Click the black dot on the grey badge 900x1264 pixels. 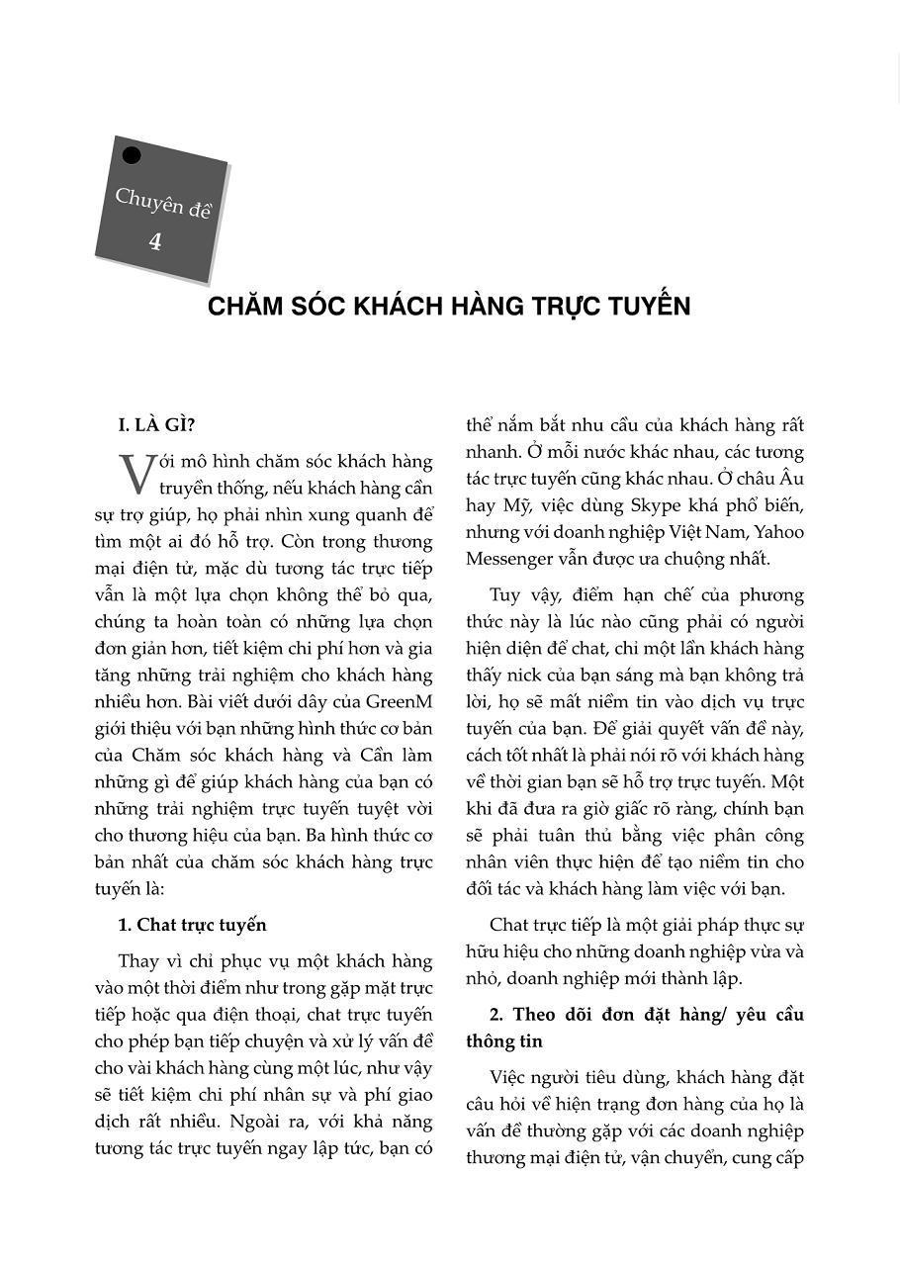[x=131, y=155]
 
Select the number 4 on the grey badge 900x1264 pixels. [x=155, y=241]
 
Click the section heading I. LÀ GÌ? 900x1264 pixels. [x=156, y=425]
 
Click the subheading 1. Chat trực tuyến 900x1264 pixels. [x=192, y=925]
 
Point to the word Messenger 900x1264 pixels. [x=512, y=559]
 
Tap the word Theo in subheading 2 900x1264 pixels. [x=532, y=1015]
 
